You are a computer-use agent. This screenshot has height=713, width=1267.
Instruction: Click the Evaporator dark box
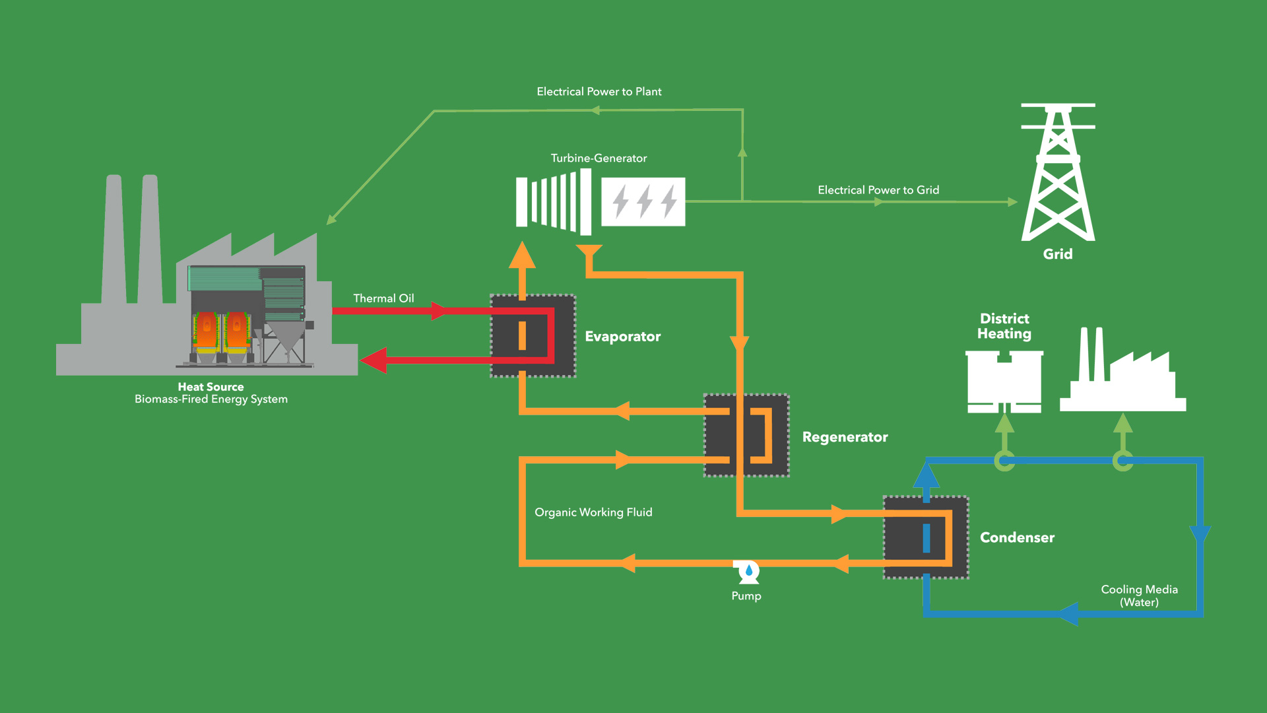533,336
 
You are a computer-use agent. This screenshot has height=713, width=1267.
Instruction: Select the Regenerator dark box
746,436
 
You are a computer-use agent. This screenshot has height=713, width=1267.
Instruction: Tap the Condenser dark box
926,537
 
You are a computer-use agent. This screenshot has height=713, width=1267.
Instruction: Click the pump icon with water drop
748,572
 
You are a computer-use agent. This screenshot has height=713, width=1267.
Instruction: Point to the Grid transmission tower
1058,173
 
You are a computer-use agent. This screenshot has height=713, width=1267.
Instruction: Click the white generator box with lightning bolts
643,202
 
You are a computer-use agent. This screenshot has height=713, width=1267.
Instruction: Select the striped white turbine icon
554,202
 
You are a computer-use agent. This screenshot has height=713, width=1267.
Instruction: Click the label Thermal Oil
383,298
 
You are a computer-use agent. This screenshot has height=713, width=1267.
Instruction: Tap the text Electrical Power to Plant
599,92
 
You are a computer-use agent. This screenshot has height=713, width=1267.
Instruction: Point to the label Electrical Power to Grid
878,190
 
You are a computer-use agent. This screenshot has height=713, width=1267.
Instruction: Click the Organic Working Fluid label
593,512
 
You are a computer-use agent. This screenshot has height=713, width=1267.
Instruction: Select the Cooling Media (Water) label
1139,595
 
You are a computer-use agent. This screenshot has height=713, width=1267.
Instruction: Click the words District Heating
1004,326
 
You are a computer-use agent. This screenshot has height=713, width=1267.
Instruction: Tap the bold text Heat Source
211,387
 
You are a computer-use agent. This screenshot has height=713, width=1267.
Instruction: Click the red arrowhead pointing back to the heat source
374,360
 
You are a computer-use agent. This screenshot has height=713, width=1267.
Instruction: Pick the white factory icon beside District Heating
1122,373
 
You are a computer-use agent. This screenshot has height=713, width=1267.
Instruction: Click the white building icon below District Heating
1004,382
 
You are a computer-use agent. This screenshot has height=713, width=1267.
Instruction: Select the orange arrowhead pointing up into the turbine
522,255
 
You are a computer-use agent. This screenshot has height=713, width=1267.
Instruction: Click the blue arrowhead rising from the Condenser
926,475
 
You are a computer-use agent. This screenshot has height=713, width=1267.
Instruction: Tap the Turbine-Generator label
599,158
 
